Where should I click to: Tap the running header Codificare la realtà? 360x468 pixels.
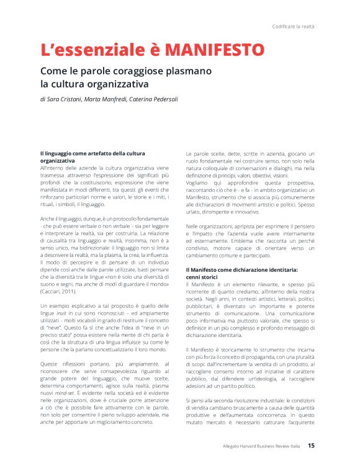point(293,26)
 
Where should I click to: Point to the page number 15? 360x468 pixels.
point(311,445)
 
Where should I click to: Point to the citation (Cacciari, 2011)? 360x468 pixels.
point(60,292)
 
